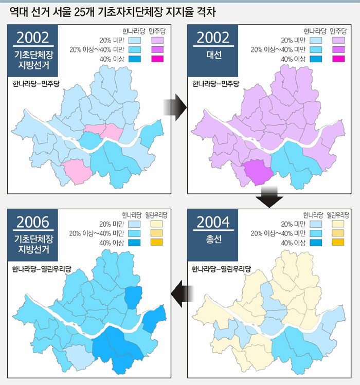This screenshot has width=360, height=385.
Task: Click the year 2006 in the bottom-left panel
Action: coord(33,222)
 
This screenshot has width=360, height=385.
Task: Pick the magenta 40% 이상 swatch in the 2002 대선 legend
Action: coord(338,59)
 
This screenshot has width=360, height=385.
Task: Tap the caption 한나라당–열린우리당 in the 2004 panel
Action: coord(221,268)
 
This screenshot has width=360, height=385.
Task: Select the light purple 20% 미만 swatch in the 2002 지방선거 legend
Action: coord(157,40)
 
